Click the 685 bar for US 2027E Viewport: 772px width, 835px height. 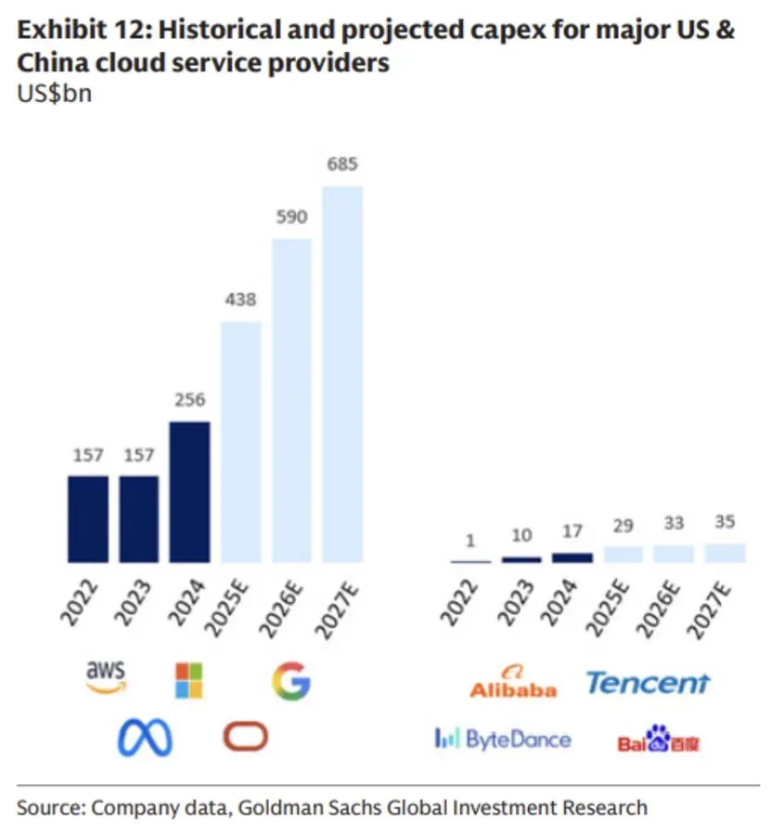[343, 375]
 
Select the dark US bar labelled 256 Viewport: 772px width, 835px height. [189, 492]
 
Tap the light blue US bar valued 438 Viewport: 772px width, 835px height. [240, 442]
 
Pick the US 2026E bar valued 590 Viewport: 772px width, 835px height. [291, 401]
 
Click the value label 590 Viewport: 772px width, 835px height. [291, 217]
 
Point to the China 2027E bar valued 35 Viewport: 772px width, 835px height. [726, 553]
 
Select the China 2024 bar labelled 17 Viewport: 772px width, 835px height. [573, 559]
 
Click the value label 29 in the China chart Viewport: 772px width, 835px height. [623, 526]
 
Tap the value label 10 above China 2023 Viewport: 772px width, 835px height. [521, 535]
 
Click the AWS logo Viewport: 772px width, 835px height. [107, 677]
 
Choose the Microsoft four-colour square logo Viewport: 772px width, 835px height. [189, 681]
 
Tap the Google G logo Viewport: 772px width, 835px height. [291, 681]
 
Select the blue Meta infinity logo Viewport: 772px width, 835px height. [145, 738]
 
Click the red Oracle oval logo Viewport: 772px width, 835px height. [246, 737]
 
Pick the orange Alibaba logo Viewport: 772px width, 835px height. [513, 682]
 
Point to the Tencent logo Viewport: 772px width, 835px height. [648, 683]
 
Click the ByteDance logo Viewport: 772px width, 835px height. [503, 739]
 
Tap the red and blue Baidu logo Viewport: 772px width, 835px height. [659, 739]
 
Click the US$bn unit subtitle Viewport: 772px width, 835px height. [55, 94]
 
